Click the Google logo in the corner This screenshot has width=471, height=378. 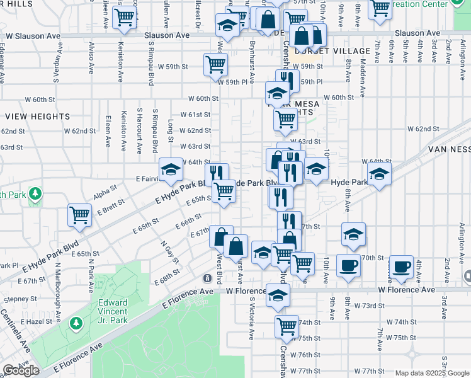(20, 370)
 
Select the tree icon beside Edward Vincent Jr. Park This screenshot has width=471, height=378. (76, 323)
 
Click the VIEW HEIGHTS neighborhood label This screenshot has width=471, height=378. (37, 117)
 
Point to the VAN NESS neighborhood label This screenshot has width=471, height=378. (449, 149)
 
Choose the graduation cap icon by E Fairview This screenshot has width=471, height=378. (170, 169)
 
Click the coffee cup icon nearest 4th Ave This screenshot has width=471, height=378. (401, 266)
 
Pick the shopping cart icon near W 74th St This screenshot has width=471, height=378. (287, 326)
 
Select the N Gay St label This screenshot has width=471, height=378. (167, 252)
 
